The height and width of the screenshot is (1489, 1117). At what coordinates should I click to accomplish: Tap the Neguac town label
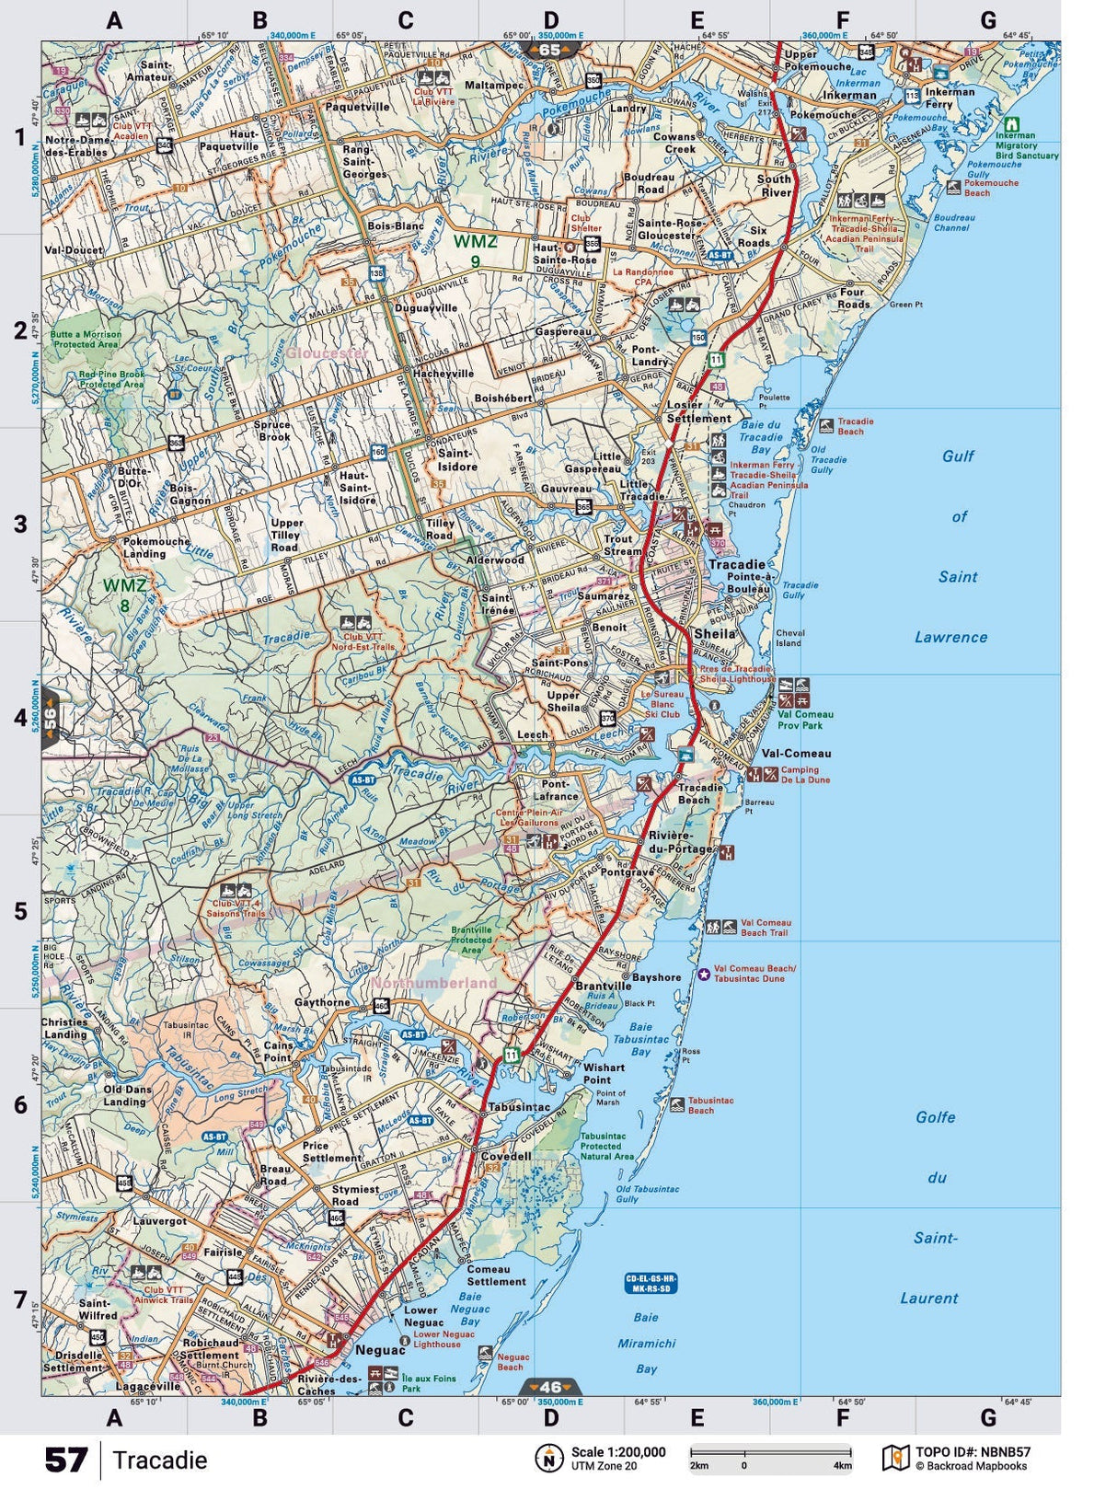(x=380, y=1350)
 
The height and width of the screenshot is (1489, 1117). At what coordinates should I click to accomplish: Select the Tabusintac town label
(x=519, y=1107)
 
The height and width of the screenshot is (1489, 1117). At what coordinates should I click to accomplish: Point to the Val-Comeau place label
(x=796, y=753)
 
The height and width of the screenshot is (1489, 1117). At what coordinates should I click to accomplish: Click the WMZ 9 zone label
(x=475, y=251)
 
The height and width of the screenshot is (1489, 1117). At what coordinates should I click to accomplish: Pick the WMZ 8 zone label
(x=124, y=594)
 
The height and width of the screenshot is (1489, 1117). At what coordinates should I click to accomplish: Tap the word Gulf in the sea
(x=958, y=456)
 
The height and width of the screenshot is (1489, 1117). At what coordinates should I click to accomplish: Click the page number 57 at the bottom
(x=66, y=1460)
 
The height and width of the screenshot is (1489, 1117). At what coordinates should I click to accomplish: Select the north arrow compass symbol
(x=548, y=1459)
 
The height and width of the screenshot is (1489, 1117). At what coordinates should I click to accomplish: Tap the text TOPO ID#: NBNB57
(x=973, y=1452)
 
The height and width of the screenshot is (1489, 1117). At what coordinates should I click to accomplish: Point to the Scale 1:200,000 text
(x=617, y=1452)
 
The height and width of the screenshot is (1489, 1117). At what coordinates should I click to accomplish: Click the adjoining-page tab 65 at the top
(x=549, y=50)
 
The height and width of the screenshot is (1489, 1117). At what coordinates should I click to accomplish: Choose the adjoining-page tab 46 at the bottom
(x=549, y=1387)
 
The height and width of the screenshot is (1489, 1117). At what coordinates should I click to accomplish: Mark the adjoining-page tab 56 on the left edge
(x=51, y=716)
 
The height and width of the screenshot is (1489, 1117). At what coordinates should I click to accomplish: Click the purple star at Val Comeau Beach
(x=703, y=974)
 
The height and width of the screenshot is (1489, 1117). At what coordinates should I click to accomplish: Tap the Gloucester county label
(x=327, y=352)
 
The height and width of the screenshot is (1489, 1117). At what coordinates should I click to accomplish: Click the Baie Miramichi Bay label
(x=646, y=1343)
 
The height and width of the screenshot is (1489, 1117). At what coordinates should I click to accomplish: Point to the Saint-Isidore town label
(x=457, y=460)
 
